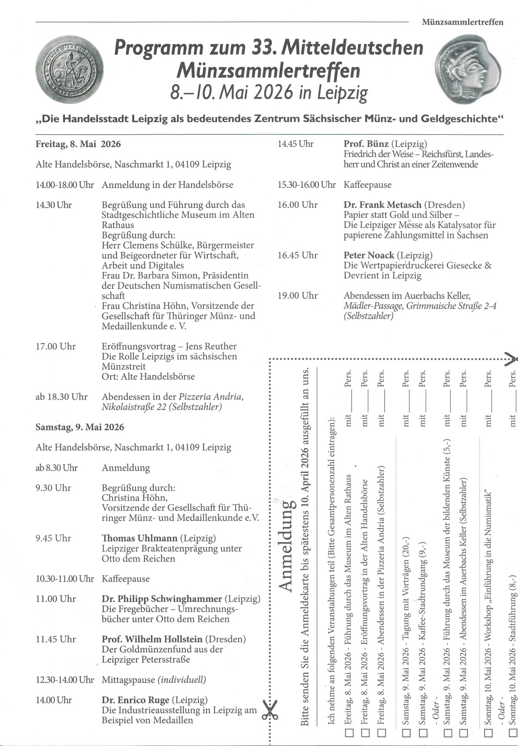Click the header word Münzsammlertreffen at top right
[x=462, y=22]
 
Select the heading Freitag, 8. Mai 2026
[x=78, y=144]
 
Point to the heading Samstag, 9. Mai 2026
[x=80, y=427]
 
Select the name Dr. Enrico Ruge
[x=135, y=700]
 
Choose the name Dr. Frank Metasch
[x=382, y=205]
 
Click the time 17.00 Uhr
[x=56, y=347]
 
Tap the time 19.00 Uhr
[x=297, y=296]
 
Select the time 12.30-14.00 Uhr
[x=65, y=680]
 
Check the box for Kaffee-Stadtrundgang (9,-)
[x=424, y=733]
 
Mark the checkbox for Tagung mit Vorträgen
[x=406, y=733]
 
